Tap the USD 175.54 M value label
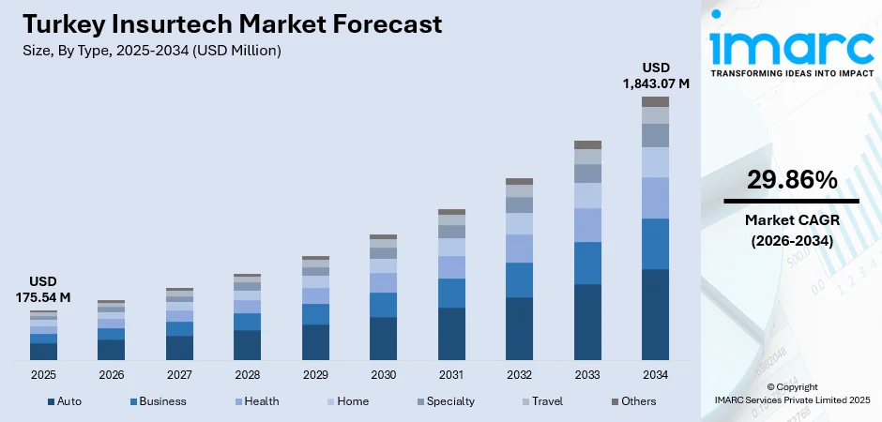tap(43, 290)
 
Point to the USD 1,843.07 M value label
tap(656, 75)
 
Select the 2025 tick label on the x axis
tap(43, 374)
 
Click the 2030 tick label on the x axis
tap(383, 374)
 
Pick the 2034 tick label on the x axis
tap(655, 374)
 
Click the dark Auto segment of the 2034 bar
tap(655, 314)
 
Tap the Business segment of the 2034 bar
tap(655, 244)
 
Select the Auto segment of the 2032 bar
tap(519, 328)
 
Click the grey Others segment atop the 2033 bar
tap(587, 144)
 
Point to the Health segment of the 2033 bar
tap(587, 225)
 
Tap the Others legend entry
tap(633, 401)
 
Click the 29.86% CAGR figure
tap(791, 181)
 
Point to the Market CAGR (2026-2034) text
tap(791, 230)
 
